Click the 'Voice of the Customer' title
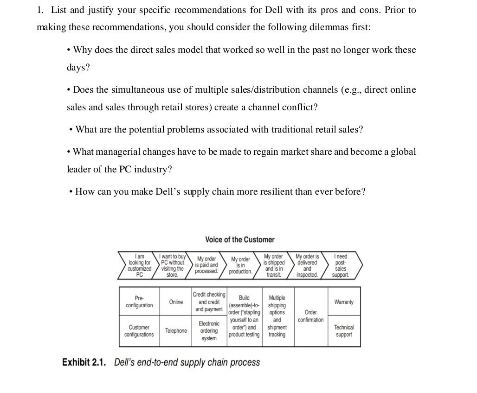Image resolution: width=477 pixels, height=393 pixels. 239,240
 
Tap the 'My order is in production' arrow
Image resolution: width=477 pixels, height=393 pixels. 241,266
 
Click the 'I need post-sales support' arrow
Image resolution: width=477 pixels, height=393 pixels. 341,266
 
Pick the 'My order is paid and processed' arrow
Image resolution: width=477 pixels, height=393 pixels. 206,265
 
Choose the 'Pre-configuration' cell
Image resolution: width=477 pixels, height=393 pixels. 139,302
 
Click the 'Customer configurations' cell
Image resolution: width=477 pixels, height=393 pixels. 139,331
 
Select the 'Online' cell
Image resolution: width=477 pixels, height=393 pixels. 176,302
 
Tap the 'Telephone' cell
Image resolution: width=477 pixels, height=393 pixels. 176,331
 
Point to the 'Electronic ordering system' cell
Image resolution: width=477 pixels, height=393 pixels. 209,331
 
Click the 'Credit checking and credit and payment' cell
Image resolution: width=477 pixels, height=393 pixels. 209,302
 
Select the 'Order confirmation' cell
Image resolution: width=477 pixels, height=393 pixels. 311,316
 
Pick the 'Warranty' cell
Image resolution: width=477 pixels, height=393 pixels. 344,302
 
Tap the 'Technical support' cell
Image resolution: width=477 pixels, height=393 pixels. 344,331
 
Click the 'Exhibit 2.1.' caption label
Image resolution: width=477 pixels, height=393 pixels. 84,362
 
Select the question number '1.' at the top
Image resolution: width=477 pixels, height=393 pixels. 40,10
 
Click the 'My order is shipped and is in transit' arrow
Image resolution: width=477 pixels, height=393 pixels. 274,266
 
